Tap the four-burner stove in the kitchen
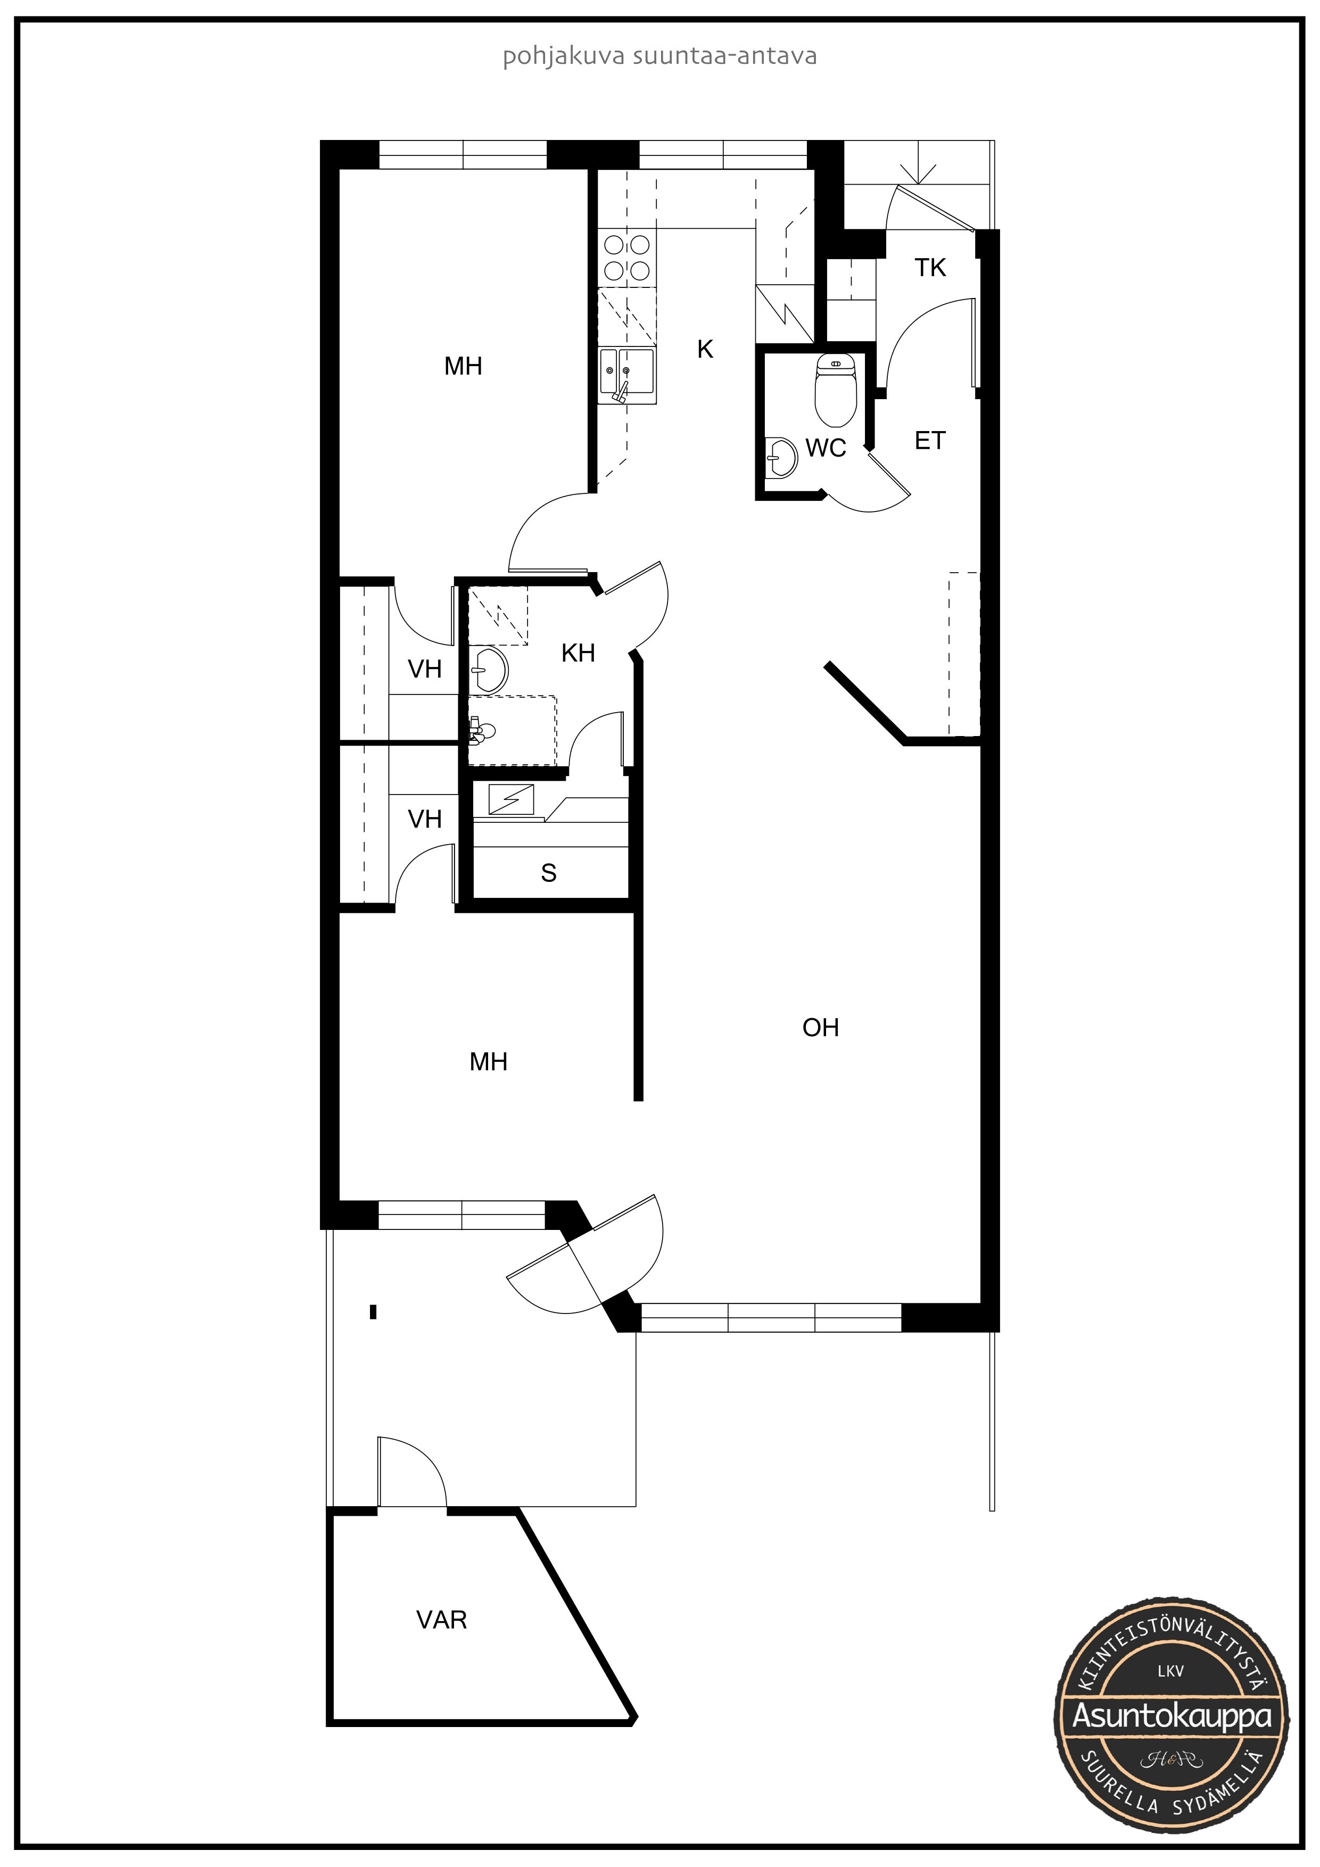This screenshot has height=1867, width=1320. click(x=627, y=258)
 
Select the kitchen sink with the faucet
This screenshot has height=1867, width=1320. click(x=627, y=375)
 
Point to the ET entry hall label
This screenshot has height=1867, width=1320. click(x=930, y=441)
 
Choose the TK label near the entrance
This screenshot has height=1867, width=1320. click(x=930, y=268)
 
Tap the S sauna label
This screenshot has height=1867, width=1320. click(x=549, y=873)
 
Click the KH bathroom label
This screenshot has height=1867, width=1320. click(x=578, y=653)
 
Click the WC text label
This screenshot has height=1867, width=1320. click(x=826, y=448)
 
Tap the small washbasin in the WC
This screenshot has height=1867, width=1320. click(x=781, y=458)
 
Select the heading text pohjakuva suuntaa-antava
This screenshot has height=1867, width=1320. click(x=659, y=57)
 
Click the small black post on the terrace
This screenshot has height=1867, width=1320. click(x=373, y=1311)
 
